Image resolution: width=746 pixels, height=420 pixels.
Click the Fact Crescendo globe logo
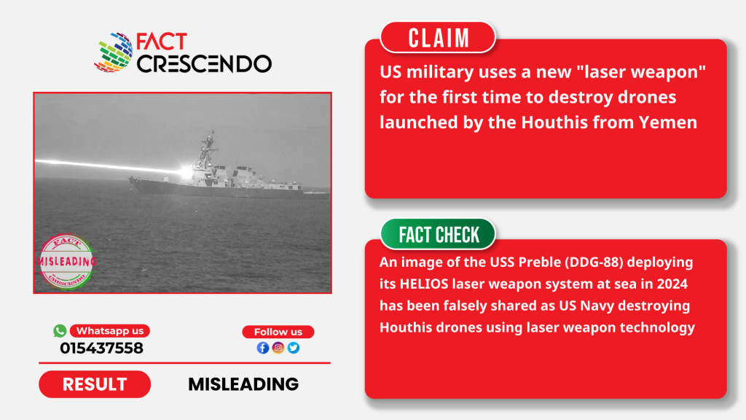[x=114, y=52]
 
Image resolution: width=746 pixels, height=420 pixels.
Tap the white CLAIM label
[x=438, y=38]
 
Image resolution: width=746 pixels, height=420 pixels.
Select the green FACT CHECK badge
[x=438, y=234]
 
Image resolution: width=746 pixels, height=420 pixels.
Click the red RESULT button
[x=95, y=384]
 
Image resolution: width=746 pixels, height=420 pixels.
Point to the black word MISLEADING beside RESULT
[x=243, y=384]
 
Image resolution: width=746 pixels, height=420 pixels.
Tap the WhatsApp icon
[x=60, y=330]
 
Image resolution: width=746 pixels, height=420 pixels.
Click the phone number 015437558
[x=101, y=348]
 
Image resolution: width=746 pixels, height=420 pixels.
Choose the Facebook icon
[x=263, y=348]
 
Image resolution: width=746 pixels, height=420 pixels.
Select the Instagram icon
[x=278, y=348]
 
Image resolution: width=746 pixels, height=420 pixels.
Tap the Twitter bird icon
[x=294, y=348]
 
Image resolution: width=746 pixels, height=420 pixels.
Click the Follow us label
[x=278, y=332]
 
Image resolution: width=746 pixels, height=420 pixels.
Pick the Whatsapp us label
[x=110, y=331]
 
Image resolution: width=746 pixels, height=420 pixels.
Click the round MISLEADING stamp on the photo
[x=67, y=262]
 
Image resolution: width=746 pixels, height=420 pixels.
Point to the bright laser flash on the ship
[x=186, y=171]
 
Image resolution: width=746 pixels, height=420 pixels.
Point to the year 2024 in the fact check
[x=672, y=284]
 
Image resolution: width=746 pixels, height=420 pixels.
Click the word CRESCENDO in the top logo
[x=205, y=63]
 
